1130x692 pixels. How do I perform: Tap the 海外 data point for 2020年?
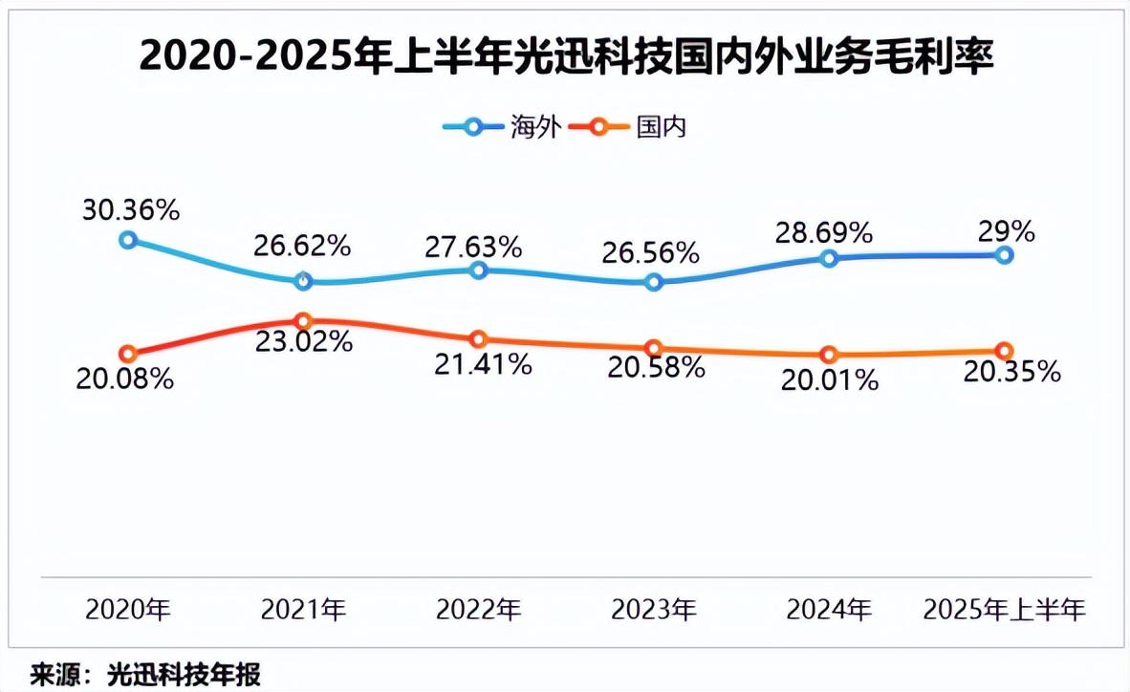[x=128, y=240]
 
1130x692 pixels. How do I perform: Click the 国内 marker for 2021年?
[x=303, y=321]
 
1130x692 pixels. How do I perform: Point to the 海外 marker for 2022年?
[x=479, y=270]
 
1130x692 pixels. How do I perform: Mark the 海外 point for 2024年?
[x=829, y=258]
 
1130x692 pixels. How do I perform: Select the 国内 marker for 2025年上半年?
[x=1004, y=351]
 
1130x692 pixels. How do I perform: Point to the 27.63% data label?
[x=474, y=248]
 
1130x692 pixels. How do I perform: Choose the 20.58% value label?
[x=657, y=367]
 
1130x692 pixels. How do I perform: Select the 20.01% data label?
[x=830, y=379]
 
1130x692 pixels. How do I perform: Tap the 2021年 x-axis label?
[x=303, y=609]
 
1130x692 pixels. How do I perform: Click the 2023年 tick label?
[x=654, y=609]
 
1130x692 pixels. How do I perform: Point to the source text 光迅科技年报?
[x=185, y=674]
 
